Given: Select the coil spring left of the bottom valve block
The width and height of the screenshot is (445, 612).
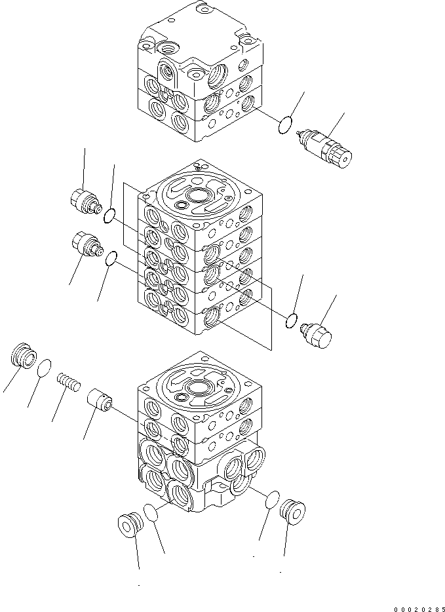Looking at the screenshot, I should [68, 381].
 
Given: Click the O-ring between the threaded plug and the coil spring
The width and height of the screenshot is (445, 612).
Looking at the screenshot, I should [45, 368].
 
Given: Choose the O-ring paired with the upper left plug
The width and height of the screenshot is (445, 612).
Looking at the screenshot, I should [111, 214].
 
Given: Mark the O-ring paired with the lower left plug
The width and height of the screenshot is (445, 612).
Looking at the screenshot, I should [111, 260].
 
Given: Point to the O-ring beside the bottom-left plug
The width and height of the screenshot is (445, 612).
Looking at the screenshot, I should [151, 511].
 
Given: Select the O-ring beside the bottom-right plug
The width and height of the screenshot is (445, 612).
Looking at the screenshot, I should [273, 499].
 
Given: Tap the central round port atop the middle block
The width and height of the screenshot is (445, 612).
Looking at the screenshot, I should [197, 197].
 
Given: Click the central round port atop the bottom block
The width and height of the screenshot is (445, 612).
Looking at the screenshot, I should [197, 389].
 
